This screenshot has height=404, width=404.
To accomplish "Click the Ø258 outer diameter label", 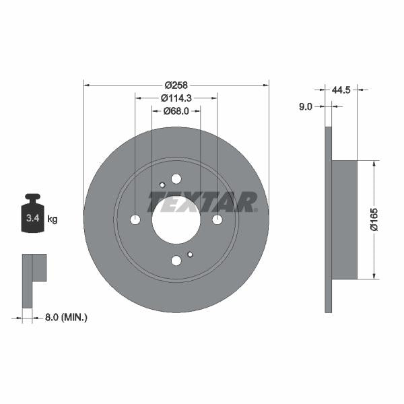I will (x=176, y=86).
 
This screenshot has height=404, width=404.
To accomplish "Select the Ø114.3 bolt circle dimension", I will (x=176, y=98).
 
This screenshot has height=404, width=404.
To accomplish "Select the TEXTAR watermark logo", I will (x=203, y=201).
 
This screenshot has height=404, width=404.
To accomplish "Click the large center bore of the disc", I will (x=176, y=220).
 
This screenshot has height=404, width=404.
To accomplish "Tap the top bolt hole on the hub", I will (x=176, y=178).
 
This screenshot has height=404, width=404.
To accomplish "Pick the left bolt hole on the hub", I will (x=135, y=220).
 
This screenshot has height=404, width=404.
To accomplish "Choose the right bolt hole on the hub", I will (x=217, y=220).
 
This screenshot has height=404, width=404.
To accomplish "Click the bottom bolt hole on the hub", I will (x=176, y=261).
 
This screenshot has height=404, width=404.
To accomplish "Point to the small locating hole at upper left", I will (x=162, y=186).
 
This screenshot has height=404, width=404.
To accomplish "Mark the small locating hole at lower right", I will (x=191, y=254).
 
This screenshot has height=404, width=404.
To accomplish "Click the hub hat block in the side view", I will (x=344, y=220).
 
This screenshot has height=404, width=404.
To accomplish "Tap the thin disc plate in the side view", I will (x=328, y=220).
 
